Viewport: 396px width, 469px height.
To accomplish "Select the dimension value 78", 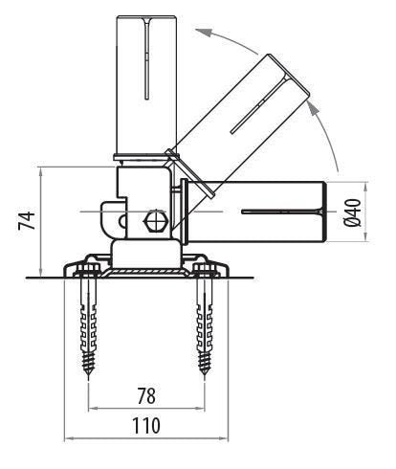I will click(145, 394).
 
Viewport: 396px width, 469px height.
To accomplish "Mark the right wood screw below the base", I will click(207, 321).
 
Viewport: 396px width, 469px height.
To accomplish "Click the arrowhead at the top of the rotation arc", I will click(200, 31).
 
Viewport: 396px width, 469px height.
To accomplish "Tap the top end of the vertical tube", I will click(145, 17).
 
